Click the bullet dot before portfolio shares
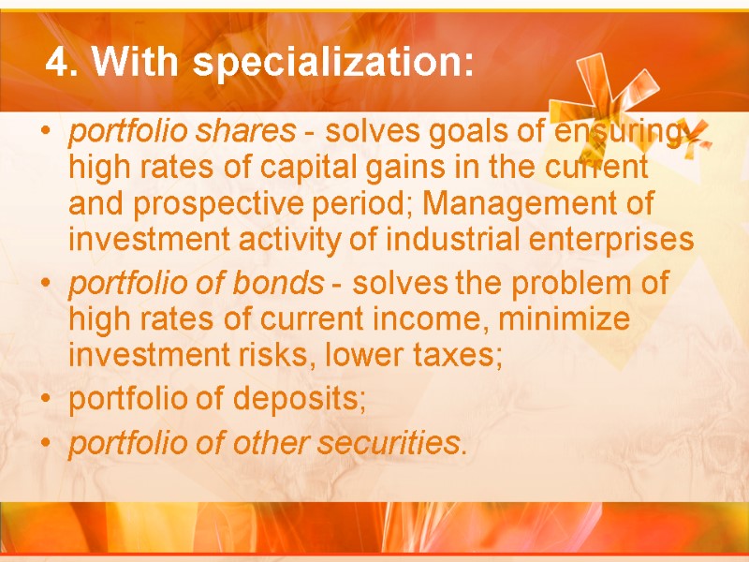point(46,135)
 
